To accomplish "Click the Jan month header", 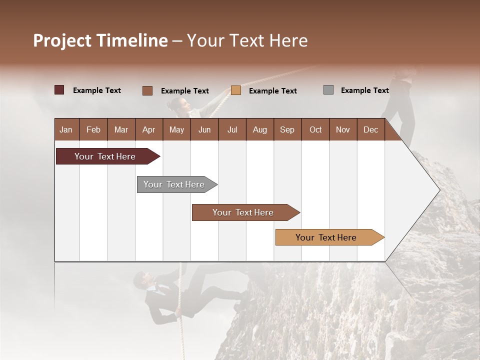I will tap(66, 129).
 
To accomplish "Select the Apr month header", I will tap(148, 129).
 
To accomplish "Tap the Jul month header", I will tap(232, 129).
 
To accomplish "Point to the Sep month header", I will tap(287, 129).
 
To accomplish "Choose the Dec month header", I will tap(370, 129).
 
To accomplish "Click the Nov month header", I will tap(342, 129).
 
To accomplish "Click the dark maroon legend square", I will tap(59, 90).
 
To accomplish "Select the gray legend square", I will tap(328, 90).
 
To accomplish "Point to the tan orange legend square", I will tap(236, 90).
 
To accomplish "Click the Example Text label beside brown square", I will tap(184, 91).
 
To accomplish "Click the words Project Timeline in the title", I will tap(100, 40).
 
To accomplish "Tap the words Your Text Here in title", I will tap(247, 40).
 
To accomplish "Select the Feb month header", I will tap(93, 129).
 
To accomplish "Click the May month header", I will tap(176, 129).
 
